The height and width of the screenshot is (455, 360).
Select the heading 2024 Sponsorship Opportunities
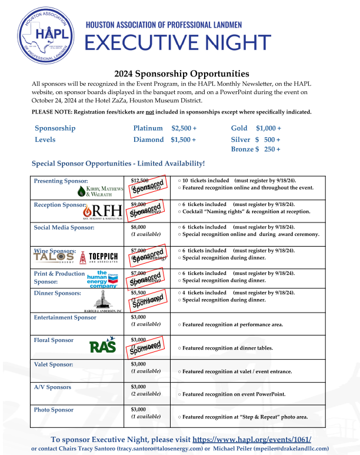coord(182,74)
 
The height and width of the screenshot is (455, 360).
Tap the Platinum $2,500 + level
coord(165,128)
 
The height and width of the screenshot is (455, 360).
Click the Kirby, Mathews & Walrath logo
coord(100,191)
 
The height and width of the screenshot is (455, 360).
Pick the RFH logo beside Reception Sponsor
coord(104,212)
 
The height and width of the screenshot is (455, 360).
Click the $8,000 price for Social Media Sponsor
coord(138,227)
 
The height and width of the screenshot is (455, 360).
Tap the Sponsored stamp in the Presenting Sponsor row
coord(147,187)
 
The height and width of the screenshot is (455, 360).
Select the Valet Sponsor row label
coord(54,364)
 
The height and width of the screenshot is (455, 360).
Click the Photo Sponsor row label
coord(54,410)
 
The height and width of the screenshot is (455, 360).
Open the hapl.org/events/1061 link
coord(252,439)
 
